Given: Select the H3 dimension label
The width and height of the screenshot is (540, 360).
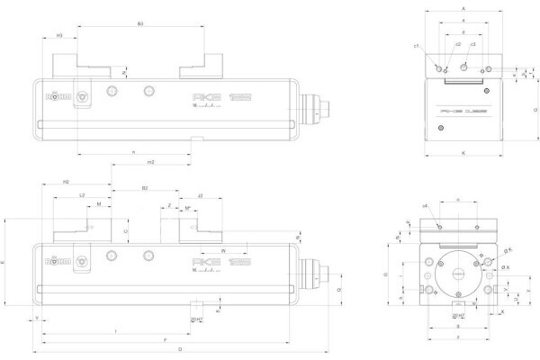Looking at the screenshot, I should [59, 35].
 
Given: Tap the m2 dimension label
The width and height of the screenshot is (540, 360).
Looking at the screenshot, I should [150, 162].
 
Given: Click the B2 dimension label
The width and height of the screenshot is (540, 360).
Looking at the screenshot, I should [145, 188].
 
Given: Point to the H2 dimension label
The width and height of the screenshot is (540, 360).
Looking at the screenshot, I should [66, 182].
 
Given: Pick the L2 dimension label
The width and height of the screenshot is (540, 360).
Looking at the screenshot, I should [82, 193].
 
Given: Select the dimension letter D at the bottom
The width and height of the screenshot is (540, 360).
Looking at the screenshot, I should [181, 347].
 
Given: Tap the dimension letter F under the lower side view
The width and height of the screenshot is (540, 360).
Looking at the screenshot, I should [165, 339].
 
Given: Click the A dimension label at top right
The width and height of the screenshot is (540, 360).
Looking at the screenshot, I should [463, 7].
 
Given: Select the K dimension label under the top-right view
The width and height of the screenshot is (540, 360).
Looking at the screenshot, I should [463, 154].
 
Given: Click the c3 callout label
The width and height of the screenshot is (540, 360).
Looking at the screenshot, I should [473, 44].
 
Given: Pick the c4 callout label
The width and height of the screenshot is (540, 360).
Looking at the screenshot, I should [425, 206].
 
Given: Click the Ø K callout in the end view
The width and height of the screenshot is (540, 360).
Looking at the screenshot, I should [505, 267].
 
